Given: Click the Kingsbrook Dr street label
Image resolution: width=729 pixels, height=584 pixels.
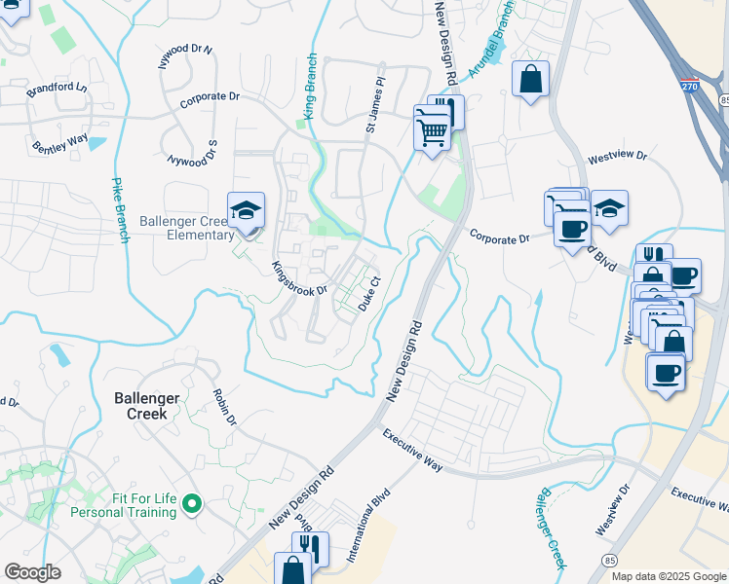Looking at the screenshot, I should tap(298, 278).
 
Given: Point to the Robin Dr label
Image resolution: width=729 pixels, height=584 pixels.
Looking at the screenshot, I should tap(225, 408).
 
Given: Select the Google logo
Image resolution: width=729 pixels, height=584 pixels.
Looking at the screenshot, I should tap(32, 572).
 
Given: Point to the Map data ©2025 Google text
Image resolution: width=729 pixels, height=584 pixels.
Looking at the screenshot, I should tap(669, 576).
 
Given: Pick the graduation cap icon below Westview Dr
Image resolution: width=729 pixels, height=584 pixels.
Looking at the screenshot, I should tap(609, 208).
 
